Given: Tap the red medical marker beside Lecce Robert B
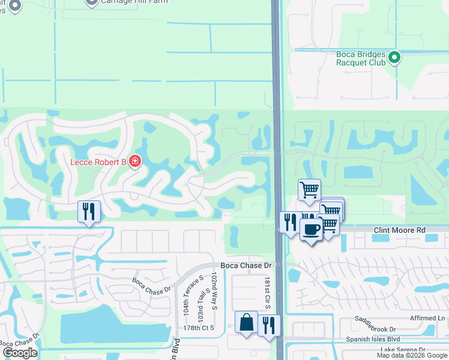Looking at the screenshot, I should tap(136, 162).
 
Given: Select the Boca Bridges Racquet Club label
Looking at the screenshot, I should tap(360, 58).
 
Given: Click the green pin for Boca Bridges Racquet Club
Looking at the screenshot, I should tap(394, 58).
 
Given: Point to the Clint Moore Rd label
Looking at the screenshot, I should tap(399, 230).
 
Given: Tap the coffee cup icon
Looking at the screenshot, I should tap(310, 229).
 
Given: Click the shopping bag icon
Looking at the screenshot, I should tap(246, 322).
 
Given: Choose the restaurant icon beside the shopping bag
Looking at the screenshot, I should tap(269, 325).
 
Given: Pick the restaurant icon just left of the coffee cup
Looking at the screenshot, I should tap(290, 222).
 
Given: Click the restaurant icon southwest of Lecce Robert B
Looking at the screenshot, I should tap(89, 211).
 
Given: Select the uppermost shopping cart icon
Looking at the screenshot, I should tap(309, 190).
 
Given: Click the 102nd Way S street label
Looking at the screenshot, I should tap(214, 291).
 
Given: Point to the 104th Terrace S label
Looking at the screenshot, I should tap(186, 298).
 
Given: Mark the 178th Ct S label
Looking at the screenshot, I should tap(199, 328).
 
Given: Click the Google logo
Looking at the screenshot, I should tap(20, 352).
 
